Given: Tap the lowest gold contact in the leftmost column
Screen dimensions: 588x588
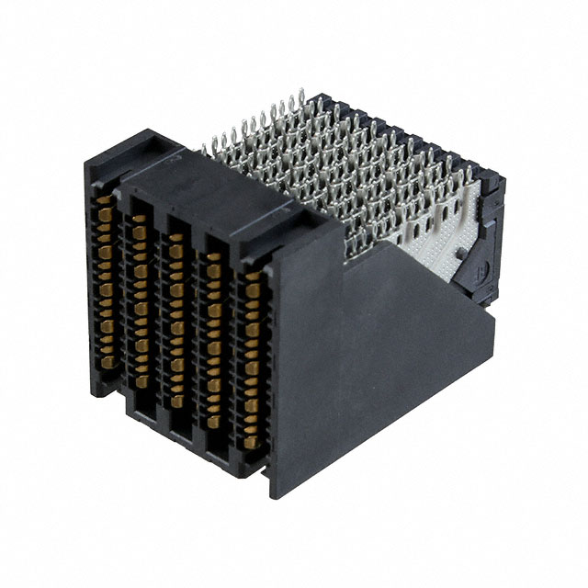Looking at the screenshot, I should [x=108, y=362].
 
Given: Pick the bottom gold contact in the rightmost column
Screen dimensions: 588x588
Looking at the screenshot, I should [x=249, y=447].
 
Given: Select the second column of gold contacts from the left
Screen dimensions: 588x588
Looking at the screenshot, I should [x=141, y=303].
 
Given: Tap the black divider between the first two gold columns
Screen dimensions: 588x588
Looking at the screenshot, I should [x=122, y=294].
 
